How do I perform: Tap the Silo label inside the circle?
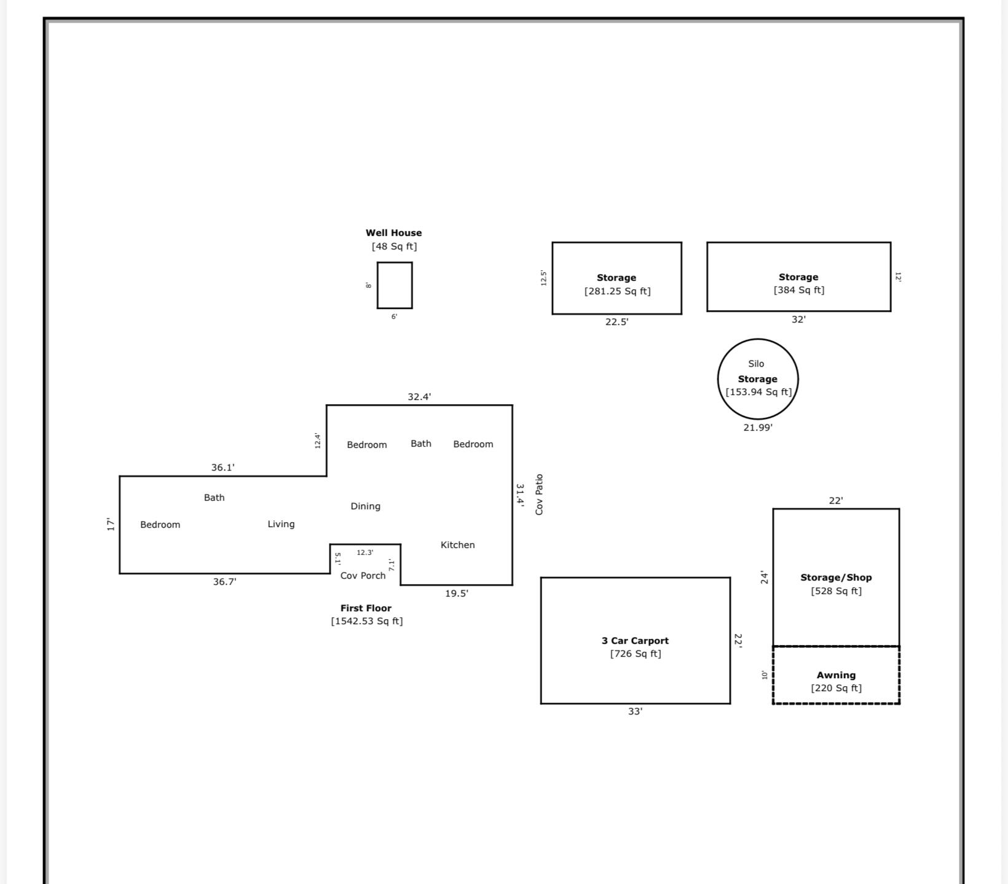point(756,364)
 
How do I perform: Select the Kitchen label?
point(457,545)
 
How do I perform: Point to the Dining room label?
point(365,506)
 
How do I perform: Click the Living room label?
point(281,524)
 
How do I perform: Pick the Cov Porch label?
point(363,576)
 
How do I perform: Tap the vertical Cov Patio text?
point(539,495)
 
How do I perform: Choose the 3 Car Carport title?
point(635,640)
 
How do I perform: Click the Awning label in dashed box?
point(836,675)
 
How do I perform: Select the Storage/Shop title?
point(836,577)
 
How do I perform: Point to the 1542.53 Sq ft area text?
point(367,621)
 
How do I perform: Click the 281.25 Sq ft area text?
point(617,291)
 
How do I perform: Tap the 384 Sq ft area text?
point(799,290)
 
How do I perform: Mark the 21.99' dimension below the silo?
point(758,428)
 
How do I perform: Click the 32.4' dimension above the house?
point(419,397)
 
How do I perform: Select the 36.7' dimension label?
point(224,582)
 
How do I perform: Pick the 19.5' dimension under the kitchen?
point(457,593)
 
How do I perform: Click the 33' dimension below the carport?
point(635,711)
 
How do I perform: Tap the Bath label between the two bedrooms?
point(421,444)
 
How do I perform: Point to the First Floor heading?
point(366,608)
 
